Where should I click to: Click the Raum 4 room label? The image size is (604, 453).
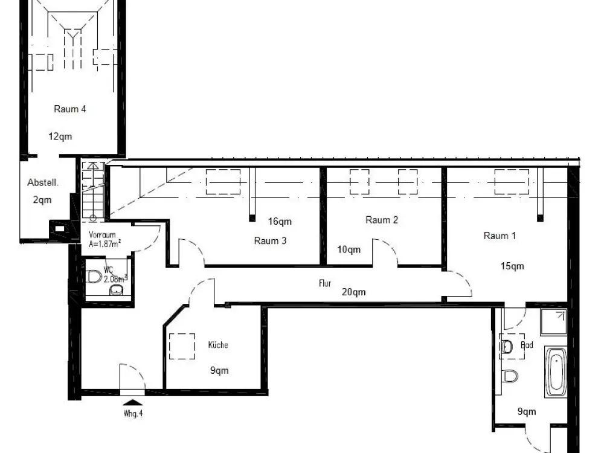(x=69, y=109)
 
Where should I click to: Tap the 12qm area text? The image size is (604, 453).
(x=60, y=137)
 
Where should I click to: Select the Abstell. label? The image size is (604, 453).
(x=43, y=182)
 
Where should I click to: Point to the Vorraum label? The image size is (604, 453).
(x=102, y=234)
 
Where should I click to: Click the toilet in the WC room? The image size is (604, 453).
(x=94, y=277)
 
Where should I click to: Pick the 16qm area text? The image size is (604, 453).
(x=280, y=222)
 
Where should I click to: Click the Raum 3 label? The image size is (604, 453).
(x=270, y=241)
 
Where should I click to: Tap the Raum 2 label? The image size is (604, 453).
(x=381, y=220)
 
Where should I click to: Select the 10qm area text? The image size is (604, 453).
(x=349, y=249)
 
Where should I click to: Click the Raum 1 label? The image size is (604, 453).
(x=500, y=236)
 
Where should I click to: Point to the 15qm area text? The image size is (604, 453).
(x=512, y=266)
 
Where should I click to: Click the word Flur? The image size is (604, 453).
(x=325, y=283)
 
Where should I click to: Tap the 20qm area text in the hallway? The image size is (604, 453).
(x=353, y=292)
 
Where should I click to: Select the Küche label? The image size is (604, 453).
(x=218, y=345)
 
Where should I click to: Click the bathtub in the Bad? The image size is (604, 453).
(x=556, y=372)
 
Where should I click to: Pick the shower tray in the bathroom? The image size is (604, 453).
(x=553, y=322)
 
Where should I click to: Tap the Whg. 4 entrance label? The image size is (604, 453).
(x=133, y=414)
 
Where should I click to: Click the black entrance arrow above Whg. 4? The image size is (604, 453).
(x=133, y=402)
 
